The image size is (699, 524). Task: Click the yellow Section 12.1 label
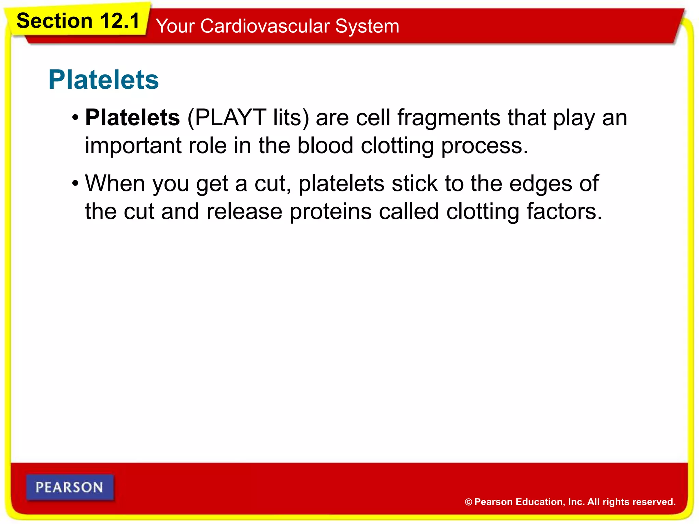[78, 21]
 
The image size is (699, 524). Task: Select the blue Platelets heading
[103, 80]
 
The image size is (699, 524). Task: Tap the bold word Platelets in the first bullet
[132, 118]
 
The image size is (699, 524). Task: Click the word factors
[564, 212]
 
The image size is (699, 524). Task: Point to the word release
[244, 212]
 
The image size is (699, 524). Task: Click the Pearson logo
[70, 487]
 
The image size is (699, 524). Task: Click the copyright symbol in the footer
[469, 502]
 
